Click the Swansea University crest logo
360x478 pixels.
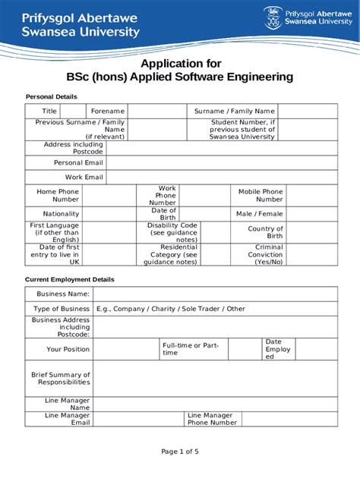click(272, 18)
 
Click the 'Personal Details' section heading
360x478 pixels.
click(52, 97)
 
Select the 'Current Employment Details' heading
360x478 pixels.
click(70, 279)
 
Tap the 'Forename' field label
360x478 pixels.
click(108, 112)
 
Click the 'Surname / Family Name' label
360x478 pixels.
click(234, 112)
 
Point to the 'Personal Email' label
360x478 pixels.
click(77, 163)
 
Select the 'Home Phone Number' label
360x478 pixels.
click(58, 196)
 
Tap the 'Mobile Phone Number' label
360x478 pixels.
click(260, 196)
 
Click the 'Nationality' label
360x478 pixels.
click(61, 214)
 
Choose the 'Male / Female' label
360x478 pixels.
click(259, 214)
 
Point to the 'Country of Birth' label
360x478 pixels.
click(265, 232)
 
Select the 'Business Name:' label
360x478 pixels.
click(64, 294)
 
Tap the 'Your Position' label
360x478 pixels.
click(68, 349)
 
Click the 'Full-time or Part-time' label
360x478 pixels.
click(191, 349)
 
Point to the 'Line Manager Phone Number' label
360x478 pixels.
click(212, 419)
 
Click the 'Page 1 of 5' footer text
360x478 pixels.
click(180, 451)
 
